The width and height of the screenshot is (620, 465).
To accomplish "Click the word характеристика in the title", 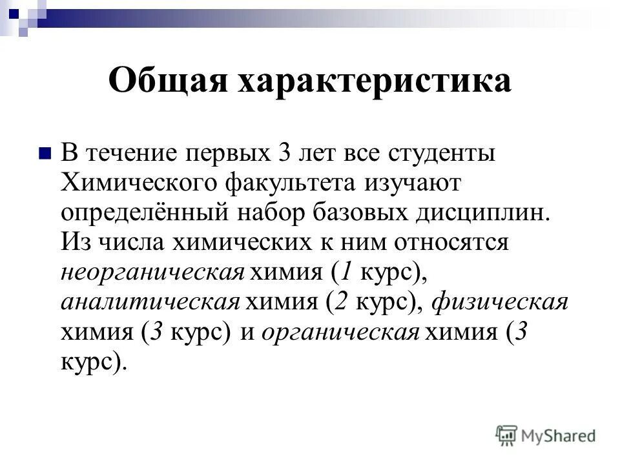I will pyautogui.click(x=375, y=82).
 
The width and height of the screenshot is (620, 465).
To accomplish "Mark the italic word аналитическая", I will pyautogui.click(x=150, y=302).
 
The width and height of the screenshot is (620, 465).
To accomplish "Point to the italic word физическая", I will pyautogui.click(x=498, y=302).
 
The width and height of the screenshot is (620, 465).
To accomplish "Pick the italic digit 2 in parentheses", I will pyautogui.click(x=340, y=302).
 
